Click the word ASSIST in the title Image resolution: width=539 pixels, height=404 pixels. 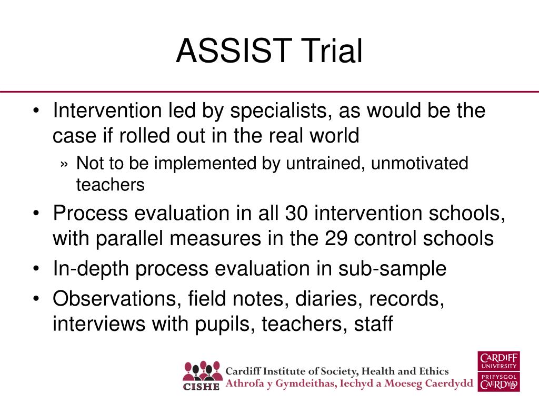234,51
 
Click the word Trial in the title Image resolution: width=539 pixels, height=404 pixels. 332,51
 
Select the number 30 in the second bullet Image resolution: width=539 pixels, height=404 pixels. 296,213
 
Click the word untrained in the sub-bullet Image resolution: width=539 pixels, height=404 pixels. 325,163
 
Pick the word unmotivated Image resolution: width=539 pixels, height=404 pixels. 420,163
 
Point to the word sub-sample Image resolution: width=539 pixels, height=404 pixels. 392,269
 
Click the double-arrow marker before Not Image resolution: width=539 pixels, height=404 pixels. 64,164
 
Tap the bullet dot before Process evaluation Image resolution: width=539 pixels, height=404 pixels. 36,214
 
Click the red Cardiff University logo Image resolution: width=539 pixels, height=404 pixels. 498,371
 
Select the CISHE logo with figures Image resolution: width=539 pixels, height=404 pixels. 202,376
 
